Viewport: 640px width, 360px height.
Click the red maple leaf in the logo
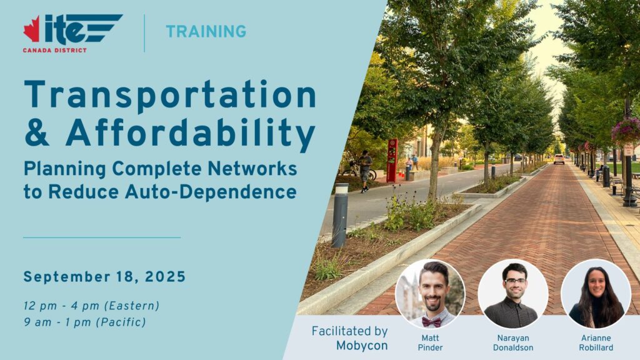click(x=32, y=29)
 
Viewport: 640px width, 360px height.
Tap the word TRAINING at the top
click(x=206, y=31)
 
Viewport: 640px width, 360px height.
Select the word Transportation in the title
click(x=170, y=95)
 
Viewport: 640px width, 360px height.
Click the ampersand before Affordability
click(x=37, y=133)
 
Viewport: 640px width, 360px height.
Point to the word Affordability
click(x=191, y=134)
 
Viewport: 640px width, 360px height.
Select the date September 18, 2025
click(x=104, y=277)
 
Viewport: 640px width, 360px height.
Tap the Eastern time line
click(x=91, y=306)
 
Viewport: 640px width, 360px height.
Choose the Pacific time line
click(x=85, y=322)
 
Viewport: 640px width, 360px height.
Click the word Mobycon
click(x=362, y=346)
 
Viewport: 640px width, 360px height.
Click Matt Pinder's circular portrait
click(x=430, y=294)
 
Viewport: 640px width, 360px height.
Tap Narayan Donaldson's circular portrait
click(x=513, y=294)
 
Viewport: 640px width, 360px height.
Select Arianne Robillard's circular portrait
click(x=596, y=294)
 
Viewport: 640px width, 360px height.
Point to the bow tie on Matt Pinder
click(x=431, y=322)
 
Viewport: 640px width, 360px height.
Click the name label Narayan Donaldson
click(x=513, y=343)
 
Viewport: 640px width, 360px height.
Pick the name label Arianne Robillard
click(x=596, y=343)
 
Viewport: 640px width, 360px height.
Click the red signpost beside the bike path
click(x=392, y=161)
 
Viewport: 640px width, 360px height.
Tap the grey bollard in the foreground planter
click(x=340, y=216)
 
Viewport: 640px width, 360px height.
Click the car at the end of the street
click(x=559, y=159)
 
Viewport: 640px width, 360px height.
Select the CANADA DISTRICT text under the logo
click(x=55, y=50)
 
